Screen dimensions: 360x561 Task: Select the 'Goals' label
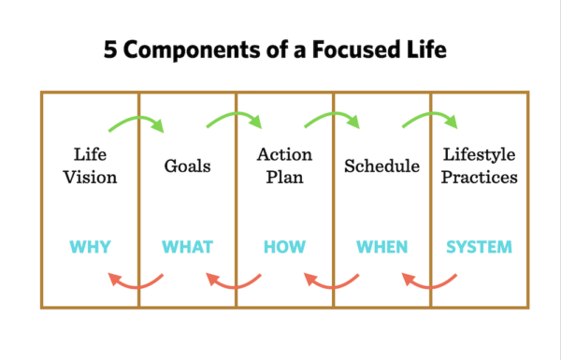[x=187, y=166]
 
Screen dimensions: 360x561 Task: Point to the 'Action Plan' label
[x=284, y=166]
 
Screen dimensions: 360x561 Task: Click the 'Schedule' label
[x=381, y=166]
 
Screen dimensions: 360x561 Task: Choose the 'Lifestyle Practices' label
[x=480, y=166]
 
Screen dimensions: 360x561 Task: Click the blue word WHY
[x=90, y=248]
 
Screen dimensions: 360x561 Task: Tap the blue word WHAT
[x=187, y=248]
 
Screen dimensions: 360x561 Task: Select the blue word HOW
[x=284, y=248]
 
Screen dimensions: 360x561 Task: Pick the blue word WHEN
[x=381, y=248]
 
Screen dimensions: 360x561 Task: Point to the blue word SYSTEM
[x=479, y=248]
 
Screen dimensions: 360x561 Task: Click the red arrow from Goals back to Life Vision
[x=137, y=281]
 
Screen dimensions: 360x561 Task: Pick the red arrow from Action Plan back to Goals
[x=235, y=281]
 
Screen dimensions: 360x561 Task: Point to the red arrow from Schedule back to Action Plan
[x=332, y=281]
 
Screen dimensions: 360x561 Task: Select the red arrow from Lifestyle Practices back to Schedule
[x=429, y=281]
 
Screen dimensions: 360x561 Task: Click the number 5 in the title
[x=120, y=49]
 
